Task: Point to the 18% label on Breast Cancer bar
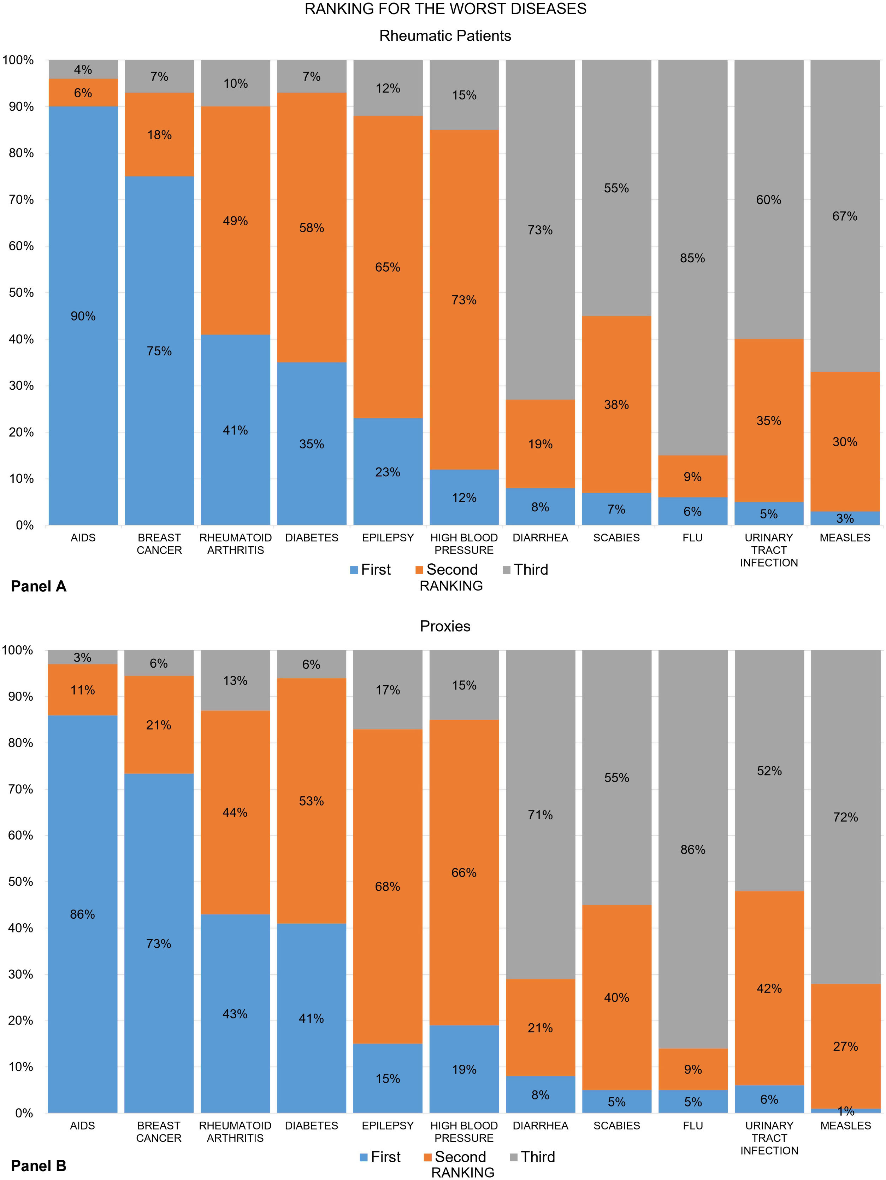point(159,135)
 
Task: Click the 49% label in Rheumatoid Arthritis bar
point(235,221)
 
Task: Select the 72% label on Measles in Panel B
point(845,817)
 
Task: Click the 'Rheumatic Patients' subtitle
point(445,36)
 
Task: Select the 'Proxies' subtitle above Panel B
point(445,626)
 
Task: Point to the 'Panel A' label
point(39,586)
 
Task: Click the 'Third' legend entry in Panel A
point(530,570)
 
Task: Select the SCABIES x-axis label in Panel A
point(616,538)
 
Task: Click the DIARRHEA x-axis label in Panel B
point(540,1126)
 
